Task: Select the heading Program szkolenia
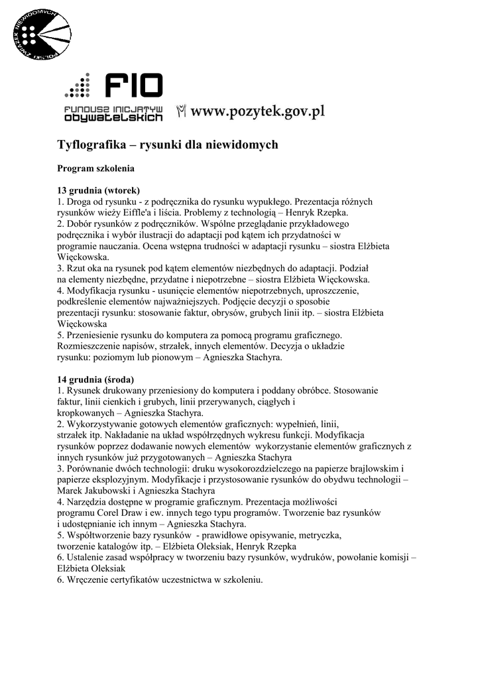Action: tap(95, 168)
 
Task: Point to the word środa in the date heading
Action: tap(119, 379)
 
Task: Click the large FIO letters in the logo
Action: tap(133, 86)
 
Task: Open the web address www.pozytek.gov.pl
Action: tap(258, 111)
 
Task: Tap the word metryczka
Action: tap(318, 534)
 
